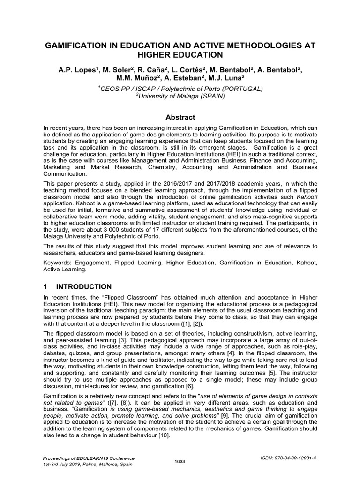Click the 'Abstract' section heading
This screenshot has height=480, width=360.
click(180, 117)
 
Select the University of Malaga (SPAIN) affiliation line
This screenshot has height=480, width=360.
click(180, 96)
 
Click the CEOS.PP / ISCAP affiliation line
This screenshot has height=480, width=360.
click(180, 88)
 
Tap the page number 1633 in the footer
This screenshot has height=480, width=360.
click(180, 461)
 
